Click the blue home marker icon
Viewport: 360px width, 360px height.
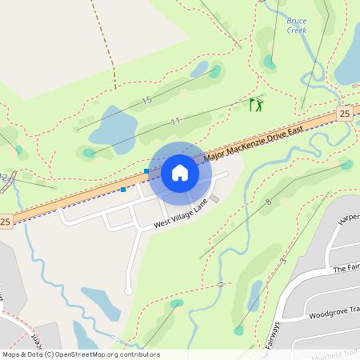pos(180,173)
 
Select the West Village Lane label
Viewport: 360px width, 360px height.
pos(181,214)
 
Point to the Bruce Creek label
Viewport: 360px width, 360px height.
pos(297,25)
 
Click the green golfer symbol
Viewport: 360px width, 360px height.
pos(255,105)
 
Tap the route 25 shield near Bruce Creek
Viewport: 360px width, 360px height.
pos(345,114)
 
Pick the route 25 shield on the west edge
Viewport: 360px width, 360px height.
pos(6,221)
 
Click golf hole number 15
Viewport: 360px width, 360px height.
pos(146,100)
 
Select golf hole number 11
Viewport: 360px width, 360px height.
pos(174,122)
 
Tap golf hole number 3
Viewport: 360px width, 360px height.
pos(283,262)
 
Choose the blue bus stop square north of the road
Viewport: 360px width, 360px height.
pos(146,171)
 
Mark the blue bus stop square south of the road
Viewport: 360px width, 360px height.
pos(123,190)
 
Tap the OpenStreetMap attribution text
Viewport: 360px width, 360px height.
pos(80,354)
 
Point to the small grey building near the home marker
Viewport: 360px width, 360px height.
pos(214,198)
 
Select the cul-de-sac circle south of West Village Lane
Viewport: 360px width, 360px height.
pos(128,290)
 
